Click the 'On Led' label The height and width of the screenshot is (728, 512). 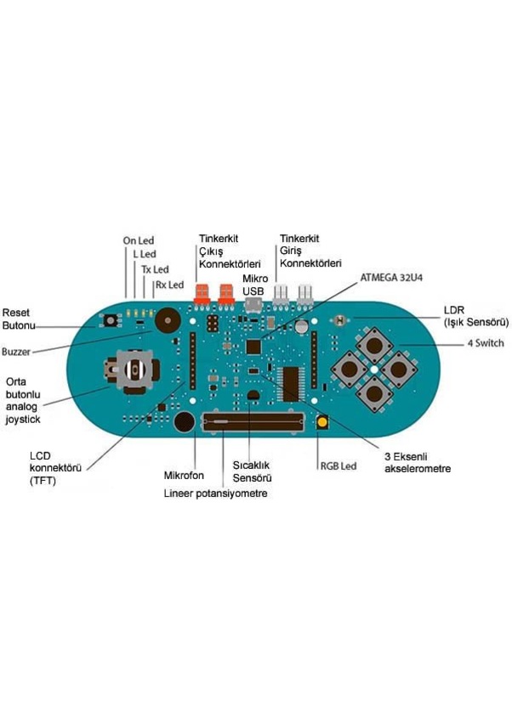point(138,240)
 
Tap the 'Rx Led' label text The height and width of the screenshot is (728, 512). point(169,285)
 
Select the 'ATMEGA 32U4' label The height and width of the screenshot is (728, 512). point(391,278)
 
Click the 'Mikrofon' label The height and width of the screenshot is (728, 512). point(184,476)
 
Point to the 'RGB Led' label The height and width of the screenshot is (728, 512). point(338,466)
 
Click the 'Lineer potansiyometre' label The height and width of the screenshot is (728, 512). point(215,493)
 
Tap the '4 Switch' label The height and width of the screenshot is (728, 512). point(486,343)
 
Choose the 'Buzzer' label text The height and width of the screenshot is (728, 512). point(16,352)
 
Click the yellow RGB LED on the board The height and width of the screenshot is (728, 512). point(321,422)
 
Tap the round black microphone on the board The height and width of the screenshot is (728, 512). point(185,421)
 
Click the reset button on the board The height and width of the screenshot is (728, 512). point(110,320)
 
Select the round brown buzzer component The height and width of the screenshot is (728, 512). point(167,320)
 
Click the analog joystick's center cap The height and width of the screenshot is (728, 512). point(134,370)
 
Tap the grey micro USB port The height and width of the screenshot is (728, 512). point(253,305)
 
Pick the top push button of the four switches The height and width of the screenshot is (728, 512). point(374,345)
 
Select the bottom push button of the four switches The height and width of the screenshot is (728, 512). point(374,393)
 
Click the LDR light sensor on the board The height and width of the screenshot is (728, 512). point(340,320)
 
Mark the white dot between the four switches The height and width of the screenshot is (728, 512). point(374,370)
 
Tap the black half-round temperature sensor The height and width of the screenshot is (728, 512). point(253,396)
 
